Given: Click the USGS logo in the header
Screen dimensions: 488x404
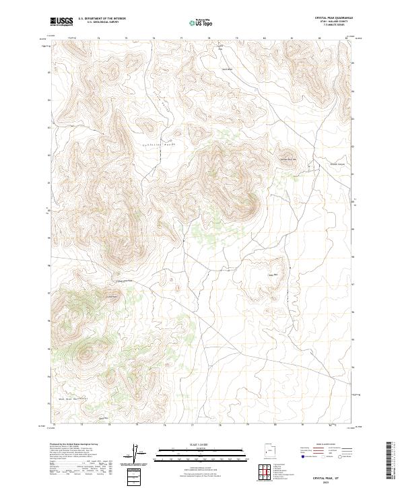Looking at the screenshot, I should point(61,22).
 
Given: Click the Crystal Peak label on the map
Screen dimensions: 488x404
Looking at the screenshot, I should point(111,295).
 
